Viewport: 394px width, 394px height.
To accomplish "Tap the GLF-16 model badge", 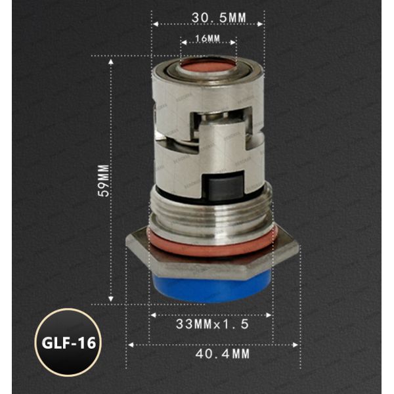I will [66, 343].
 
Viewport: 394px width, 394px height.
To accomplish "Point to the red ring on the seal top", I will [209, 66].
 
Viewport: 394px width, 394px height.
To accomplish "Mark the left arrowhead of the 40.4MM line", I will [130, 343].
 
